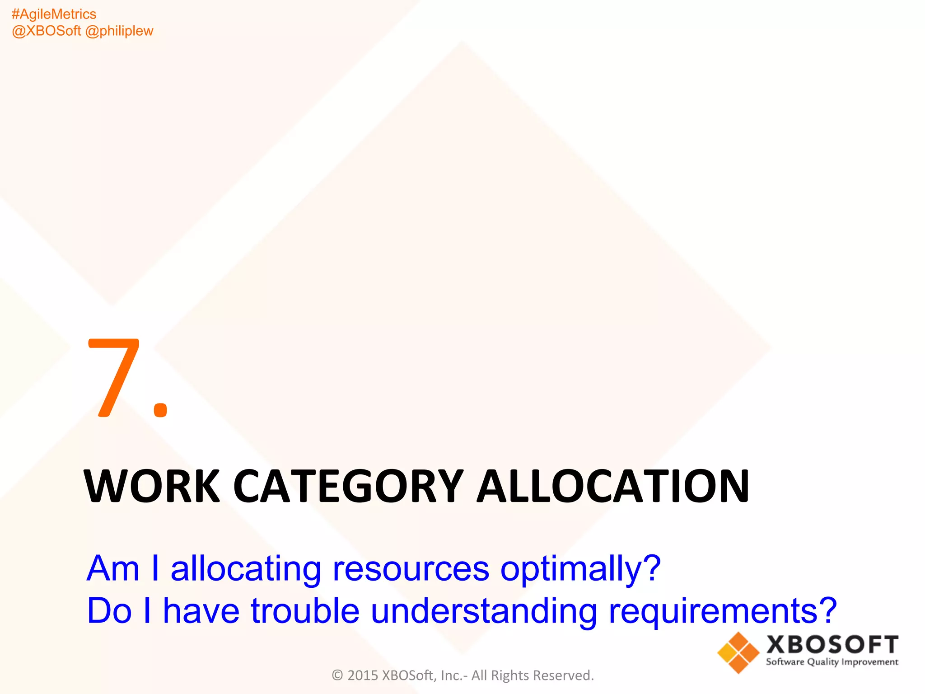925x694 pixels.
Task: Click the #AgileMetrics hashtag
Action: point(54,14)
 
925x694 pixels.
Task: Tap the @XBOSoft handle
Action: point(46,31)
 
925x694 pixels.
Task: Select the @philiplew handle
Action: point(119,31)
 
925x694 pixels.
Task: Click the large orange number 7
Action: point(114,377)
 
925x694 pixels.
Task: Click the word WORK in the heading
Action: point(152,486)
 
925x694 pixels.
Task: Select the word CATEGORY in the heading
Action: point(348,486)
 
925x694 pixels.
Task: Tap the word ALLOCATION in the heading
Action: point(613,486)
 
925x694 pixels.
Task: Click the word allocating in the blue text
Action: point(246,569)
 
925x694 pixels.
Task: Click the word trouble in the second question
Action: point(305,611)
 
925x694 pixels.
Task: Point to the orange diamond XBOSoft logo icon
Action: point(738,652)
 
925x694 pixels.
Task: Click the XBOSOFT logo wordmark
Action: point(832,644)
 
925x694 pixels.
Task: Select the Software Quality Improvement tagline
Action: point(832,662)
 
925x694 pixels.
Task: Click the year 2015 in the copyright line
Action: point(363,675)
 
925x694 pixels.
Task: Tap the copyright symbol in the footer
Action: point(337,675)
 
